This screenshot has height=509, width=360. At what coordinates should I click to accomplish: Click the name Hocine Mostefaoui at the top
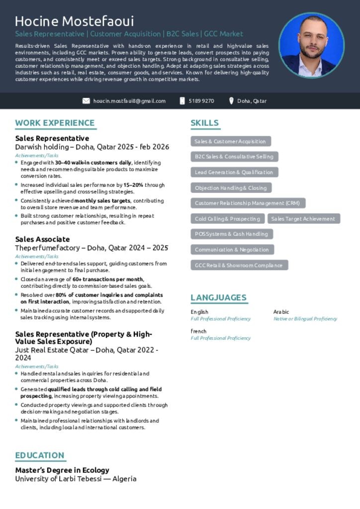pos(74,21)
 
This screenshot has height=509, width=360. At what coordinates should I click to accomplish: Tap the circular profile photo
pos(311,45)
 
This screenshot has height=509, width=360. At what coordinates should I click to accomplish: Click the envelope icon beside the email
pos(86,101)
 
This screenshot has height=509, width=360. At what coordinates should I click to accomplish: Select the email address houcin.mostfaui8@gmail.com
pos(129,101)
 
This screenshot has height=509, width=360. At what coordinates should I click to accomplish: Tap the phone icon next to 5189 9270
pos(182,101)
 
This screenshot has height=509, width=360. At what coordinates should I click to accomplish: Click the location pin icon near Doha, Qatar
pos(231,101)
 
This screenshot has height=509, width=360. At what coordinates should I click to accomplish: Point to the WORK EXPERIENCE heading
pos(55,123)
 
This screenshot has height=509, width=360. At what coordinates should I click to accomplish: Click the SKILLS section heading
pos(204,123)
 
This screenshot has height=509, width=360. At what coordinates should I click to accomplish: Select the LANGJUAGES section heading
pos(218,297)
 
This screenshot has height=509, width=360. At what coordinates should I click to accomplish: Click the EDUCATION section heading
pos(40,455)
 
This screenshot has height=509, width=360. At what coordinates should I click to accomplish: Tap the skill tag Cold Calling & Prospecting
pos(227,219)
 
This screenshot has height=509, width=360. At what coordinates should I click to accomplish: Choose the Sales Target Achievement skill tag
pos(303,219)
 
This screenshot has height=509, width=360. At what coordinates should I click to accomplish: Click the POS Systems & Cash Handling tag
pos(231,234)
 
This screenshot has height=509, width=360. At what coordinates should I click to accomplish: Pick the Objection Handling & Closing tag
pos(231,188)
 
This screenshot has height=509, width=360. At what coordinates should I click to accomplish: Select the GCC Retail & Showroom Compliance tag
pos(239,265)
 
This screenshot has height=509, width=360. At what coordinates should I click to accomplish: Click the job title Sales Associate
pos(42,239)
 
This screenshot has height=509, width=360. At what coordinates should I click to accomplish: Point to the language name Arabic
pos(281,312)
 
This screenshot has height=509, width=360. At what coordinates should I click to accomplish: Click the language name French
pos(198,331)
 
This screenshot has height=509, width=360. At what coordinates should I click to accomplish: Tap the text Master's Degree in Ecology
pos(62,470)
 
